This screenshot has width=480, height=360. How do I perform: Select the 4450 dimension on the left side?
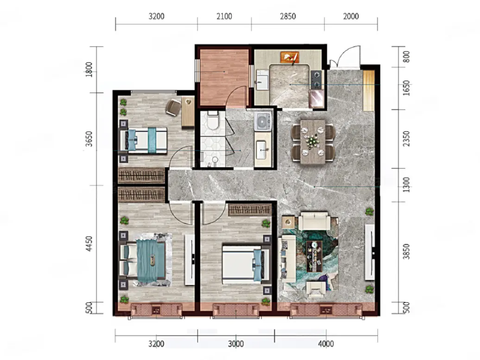(89, 244)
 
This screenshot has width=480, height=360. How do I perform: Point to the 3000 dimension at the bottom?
(236, 344)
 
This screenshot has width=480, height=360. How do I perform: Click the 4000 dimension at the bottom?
(326, 344)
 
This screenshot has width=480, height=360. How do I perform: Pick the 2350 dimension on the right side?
(406, 139)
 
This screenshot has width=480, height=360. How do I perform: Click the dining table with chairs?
(312, 142)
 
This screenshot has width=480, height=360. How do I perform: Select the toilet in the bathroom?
(211, 123)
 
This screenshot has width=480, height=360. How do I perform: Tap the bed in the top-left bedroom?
(144, 140)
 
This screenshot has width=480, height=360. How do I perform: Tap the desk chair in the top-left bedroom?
(173, 107)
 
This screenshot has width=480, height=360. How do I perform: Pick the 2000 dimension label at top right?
(351, 17)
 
